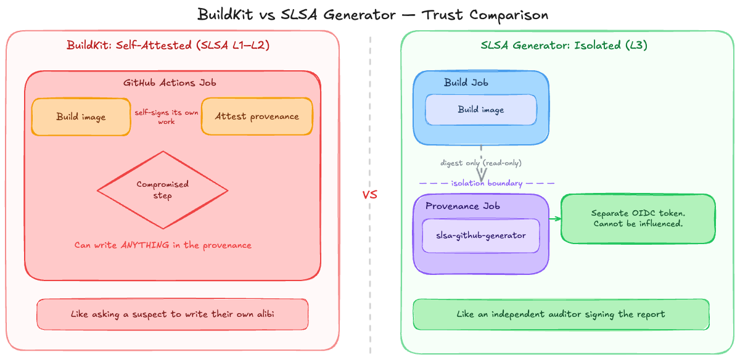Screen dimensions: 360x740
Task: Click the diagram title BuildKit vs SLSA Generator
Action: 372,14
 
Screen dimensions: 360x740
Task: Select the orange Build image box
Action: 81,117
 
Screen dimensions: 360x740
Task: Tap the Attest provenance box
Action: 257,117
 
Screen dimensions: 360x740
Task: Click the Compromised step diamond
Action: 162,190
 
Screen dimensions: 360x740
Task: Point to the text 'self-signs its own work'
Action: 166,117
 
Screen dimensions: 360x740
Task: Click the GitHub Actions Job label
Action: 170,83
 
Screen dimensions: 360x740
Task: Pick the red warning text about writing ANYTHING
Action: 163,245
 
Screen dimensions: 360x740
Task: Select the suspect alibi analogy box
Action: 173,314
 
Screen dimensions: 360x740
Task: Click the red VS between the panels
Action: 369,195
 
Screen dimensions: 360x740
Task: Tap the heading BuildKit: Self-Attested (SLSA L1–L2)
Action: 168,45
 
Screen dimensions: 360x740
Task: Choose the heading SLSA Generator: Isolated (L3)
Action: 564,45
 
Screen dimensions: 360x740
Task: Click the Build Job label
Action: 464,83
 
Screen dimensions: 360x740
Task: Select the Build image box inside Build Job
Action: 481,110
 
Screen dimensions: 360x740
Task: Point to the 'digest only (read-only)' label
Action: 480,163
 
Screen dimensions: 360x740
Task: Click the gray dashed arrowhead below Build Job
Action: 481,176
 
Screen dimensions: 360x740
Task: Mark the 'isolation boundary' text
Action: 487,183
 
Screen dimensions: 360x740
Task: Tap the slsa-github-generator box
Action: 481,235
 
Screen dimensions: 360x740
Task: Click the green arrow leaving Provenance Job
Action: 554,219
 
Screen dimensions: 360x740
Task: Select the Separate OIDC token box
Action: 638,218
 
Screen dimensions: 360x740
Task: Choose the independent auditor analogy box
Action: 561,314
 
